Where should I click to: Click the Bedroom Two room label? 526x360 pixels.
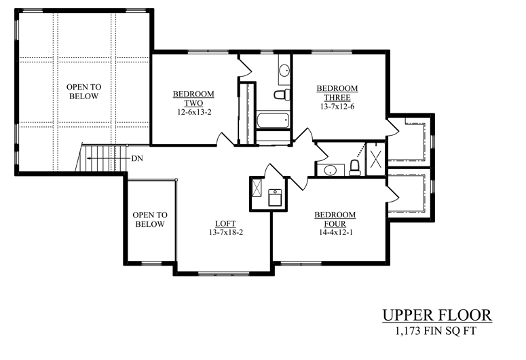pos(193,98)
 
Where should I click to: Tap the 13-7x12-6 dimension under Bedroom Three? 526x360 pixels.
pos(337,107)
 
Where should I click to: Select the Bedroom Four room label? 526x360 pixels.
pos(335,219)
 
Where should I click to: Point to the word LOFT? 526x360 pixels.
pos(225,223)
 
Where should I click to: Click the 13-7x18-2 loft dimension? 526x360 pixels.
pos(226,232)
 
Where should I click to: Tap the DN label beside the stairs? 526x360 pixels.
pos(137,158)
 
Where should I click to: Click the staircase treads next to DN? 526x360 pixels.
pos(103,158)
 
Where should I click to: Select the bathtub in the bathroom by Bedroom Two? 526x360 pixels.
pos(273,120)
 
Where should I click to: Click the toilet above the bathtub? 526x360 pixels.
pos(282,94)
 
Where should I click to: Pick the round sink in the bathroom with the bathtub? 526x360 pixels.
pos(284,71)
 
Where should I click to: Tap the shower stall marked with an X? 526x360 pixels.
pos(376,159)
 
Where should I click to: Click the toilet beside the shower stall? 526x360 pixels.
pos(354,168)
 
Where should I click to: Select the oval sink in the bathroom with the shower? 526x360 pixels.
pos(330,170)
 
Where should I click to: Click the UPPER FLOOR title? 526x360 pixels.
pos(437,315)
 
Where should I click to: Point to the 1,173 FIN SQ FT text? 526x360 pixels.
pos(436,331)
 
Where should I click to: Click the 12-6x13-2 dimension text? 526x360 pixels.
pos(194,112)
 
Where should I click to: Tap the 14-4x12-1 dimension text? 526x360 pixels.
pos(335,232)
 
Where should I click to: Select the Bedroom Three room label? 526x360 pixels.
pos(337,93)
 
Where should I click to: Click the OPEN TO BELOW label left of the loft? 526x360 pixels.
pos(150,219)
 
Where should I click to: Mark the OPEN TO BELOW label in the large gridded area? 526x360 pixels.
pos(84,91)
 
